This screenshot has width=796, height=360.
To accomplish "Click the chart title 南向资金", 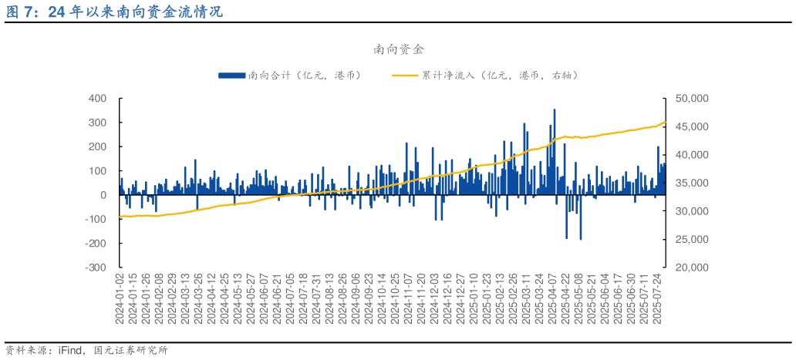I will click(x=398, y=49).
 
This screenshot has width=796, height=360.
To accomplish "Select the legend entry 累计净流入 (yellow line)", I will click(x=486, y=75).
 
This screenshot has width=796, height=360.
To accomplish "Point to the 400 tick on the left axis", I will click(x=97, y=99).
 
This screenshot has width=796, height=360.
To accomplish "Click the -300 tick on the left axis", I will click(x=95, y=267).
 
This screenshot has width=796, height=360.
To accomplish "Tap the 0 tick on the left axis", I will click(x=103, y=195).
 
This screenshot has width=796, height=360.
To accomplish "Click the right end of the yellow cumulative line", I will click(x=665, y=123).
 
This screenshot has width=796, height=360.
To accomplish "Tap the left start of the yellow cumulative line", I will click(x=120, y=217).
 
